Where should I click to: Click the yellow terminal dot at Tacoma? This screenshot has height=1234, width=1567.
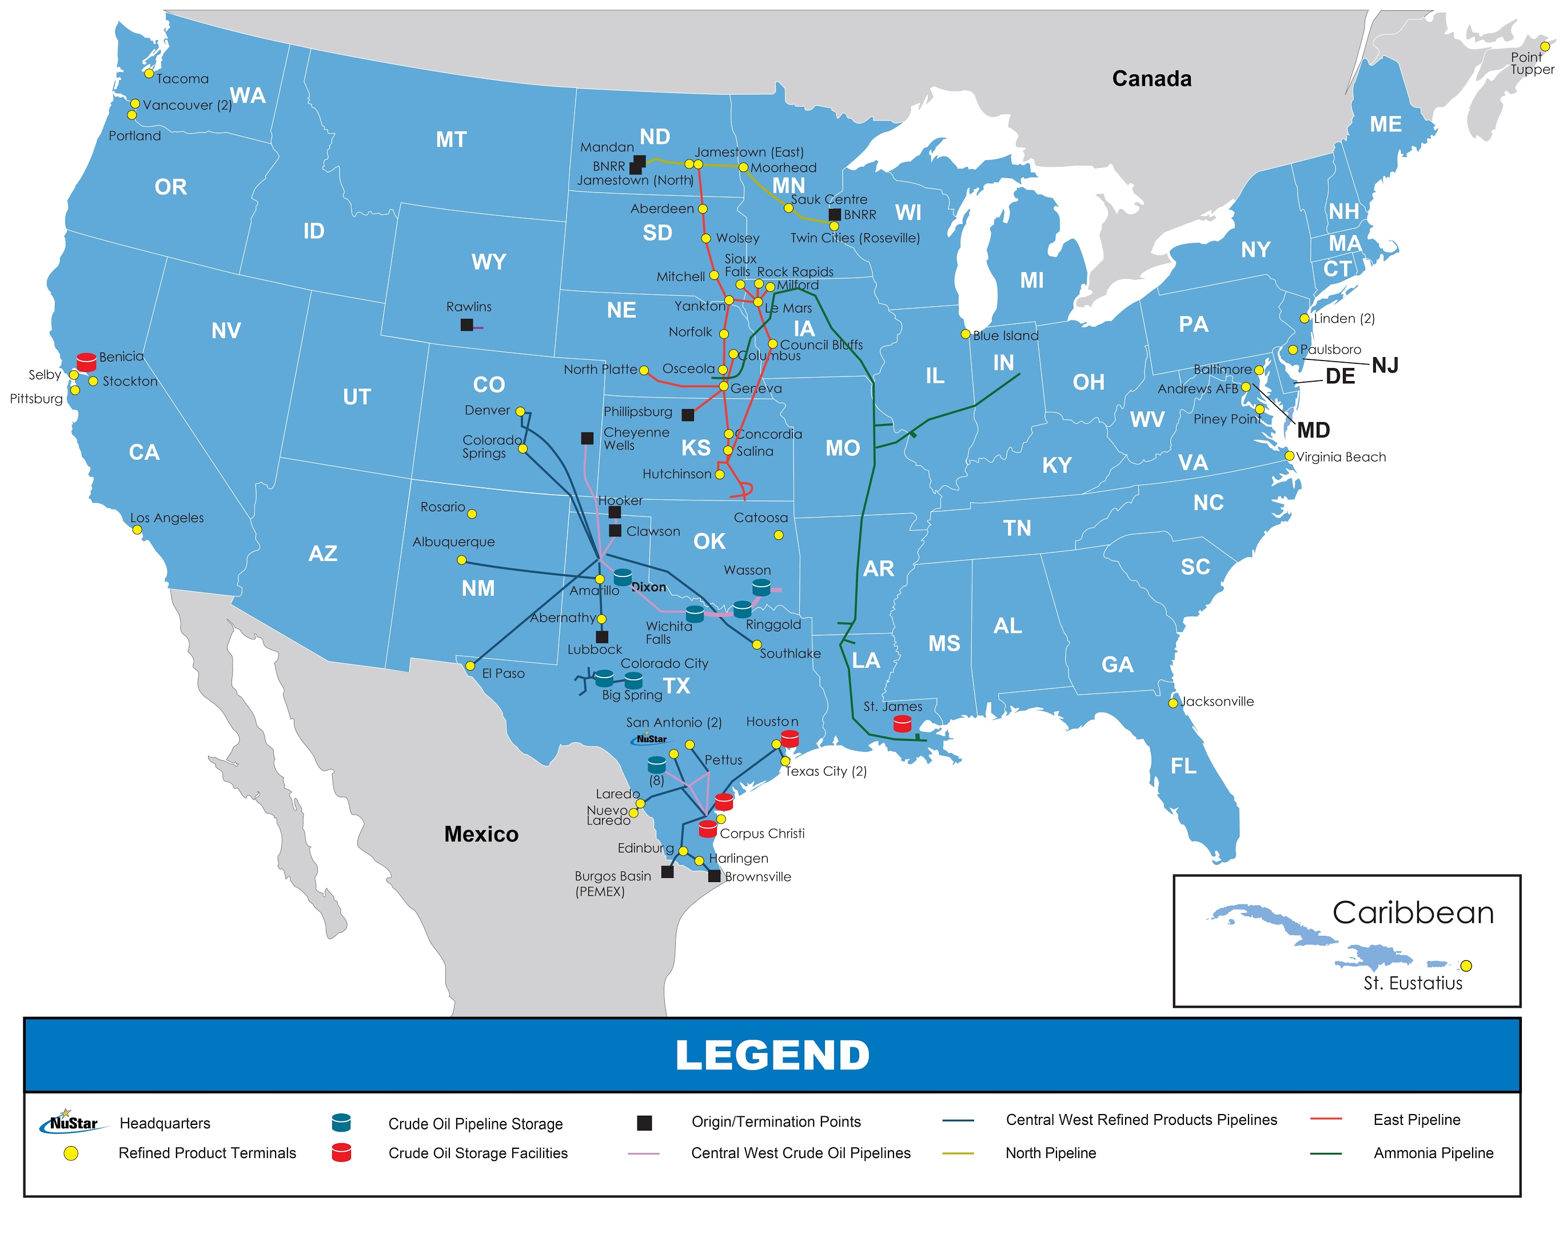(149, 74)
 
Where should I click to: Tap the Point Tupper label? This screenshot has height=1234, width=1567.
(1532, 63)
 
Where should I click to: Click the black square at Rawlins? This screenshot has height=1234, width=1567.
(467, 325)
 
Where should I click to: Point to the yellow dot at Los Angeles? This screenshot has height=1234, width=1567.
(137, 530)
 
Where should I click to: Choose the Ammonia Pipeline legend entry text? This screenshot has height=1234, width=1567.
(1433, 1153)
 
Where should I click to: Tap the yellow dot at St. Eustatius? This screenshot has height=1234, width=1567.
(1466, 966)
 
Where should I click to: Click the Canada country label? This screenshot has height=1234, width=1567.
(1151, 79)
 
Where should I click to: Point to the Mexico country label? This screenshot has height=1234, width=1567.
(481, 835)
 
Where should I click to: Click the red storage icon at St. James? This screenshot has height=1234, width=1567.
(902, 724)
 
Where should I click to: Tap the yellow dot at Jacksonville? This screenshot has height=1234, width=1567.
(1173, 703)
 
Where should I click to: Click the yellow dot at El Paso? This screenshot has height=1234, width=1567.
(470, 666)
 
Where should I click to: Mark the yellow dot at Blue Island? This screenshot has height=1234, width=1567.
(965, 334)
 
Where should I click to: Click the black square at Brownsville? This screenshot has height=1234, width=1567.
(714, 876)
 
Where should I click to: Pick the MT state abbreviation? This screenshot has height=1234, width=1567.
(451, 139)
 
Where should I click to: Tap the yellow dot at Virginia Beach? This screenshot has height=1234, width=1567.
(1290, 456)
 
